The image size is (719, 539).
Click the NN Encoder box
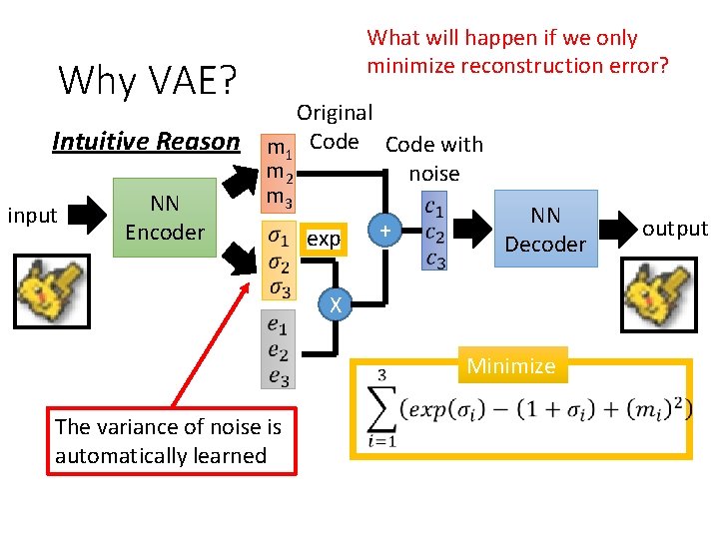pyautogui.click(x=165, y=219)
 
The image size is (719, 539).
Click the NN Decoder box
pyautogui.click(x=545, y=229)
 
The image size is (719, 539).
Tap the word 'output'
pyautogui.click(x=674, y=229)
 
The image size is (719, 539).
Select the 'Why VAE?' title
pyautogui.click(x=147, y=80)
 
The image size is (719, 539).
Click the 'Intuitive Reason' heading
pyautogui.click(x=146, y=142)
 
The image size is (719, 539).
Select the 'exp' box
pyautogui.click(x=324, y=240)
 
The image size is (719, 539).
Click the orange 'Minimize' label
pyautogui.click(x=510, y=366)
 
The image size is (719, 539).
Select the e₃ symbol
pyautogui.click(x=279, y=376)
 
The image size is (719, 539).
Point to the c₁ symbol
pyautogui.click(x=434, y=208)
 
